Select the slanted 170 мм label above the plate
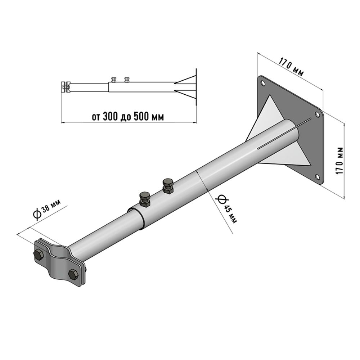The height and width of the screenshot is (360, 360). point(291,67)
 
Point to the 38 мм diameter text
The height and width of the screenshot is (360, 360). point(51,206)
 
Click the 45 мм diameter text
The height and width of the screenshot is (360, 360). point(230,214)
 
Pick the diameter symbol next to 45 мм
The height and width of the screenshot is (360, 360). point(221,199)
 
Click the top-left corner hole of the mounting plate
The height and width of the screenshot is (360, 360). point(262,82)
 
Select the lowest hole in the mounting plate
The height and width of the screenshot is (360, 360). point(317,176)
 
